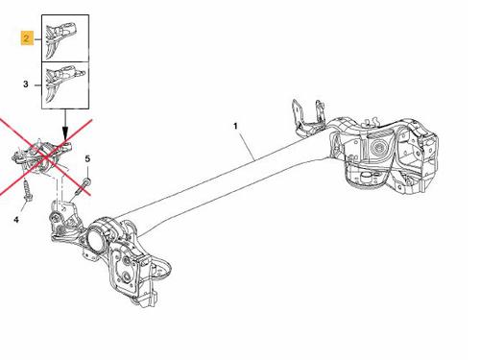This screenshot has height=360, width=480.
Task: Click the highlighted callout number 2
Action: click(27, 38)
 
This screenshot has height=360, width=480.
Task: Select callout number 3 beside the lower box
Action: click(26, 84)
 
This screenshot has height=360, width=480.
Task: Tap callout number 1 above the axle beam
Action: click(235, 126)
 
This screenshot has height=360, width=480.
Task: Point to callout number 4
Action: click(16, 220)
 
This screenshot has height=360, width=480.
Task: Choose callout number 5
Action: click(87, 158)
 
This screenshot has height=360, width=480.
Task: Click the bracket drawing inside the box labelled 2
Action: click(60, 39)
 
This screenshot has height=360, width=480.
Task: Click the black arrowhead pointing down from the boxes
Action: click(65, 132)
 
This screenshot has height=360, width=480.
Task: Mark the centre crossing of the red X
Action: click(46, 157)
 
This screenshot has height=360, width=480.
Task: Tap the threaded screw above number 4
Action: click(27, 191)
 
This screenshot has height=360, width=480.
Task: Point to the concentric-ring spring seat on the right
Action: click(379, 148)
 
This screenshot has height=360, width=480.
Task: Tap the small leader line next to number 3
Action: click(37, 85)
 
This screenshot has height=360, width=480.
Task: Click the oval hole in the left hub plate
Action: click(127, 278)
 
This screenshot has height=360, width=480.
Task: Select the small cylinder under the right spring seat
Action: click(366, 178)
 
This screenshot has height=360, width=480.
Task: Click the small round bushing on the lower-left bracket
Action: click(55, 218)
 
